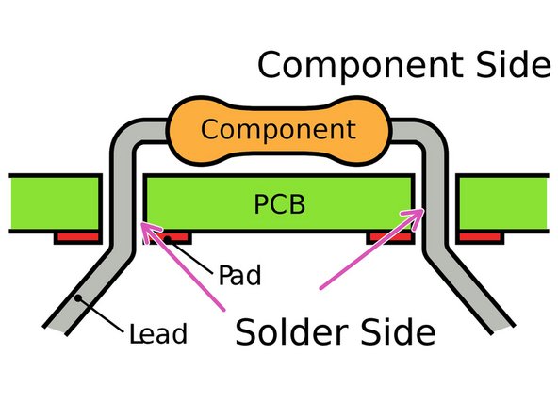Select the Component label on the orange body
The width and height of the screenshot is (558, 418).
click(x=279, y=129)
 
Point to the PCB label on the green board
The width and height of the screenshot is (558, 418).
click(x=279, y=203)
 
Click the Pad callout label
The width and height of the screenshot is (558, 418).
click(x=238, y=276)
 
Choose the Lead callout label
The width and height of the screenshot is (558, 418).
click(x=160, y=331)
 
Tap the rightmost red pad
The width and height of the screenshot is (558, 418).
click(x=481, y=237)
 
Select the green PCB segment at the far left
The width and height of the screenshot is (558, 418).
click(x=52, y=203)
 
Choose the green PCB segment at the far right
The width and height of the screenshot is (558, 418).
click(x=505, y=203)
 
